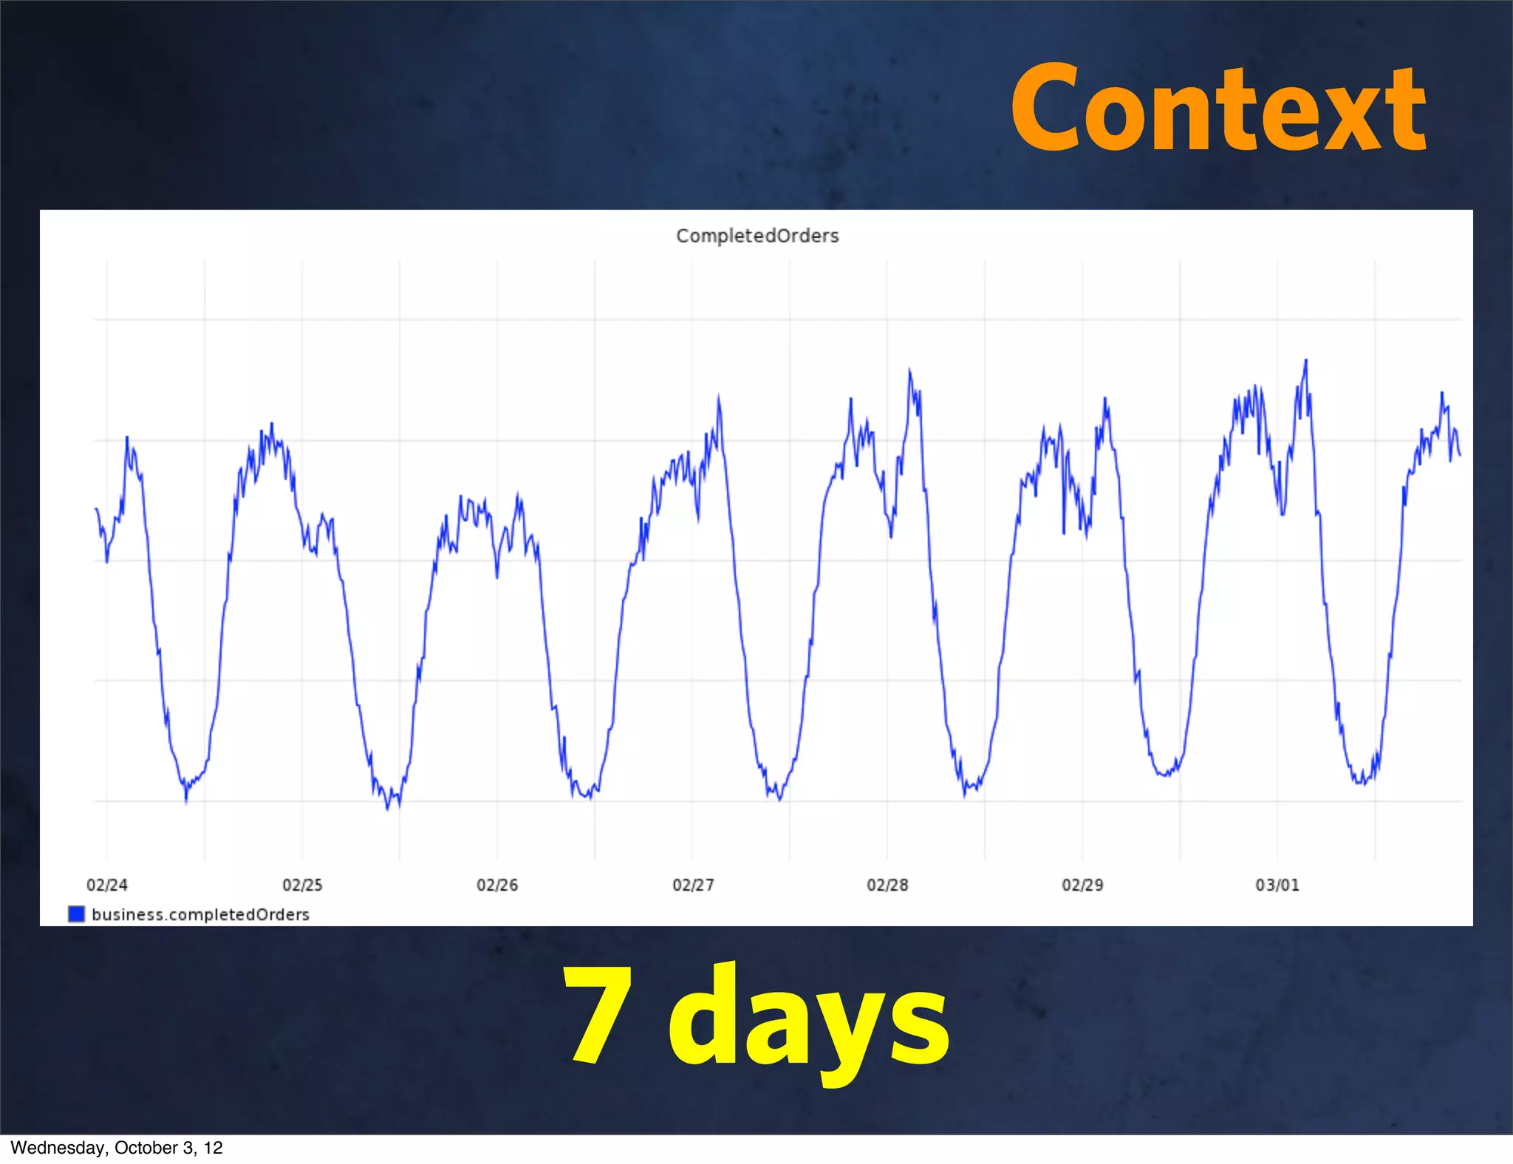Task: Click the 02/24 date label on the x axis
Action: click(107, 885)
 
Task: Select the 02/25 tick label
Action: click(302, 885)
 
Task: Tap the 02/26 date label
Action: click(497, 885)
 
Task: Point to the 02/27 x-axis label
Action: click(693, 885)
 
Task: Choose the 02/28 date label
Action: click(887, 885)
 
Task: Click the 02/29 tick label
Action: click(1082, 885)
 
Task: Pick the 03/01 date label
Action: click(1277, 885)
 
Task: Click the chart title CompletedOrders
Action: click(757, 236)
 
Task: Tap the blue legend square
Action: click(76, 914)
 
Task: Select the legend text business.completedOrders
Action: click(200, 914)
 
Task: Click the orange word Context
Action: click(1218, 109)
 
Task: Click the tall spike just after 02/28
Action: click(909, 370)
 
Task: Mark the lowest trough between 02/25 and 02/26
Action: click(388, 809)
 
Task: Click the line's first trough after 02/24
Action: click(185, 801)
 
